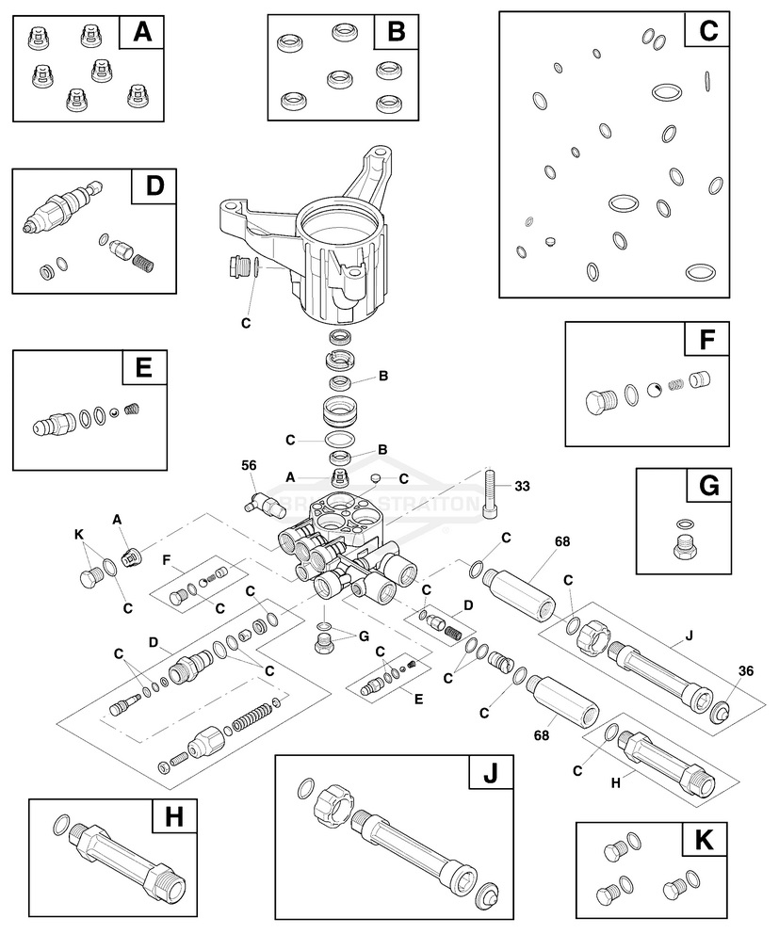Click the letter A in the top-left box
(142, 34)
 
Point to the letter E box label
(144, 367)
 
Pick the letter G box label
(709, 487)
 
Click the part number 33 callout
(522, 487)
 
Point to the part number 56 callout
(249, 465)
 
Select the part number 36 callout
(745, 671)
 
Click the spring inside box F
(675, 385)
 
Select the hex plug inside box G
(685, 545)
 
